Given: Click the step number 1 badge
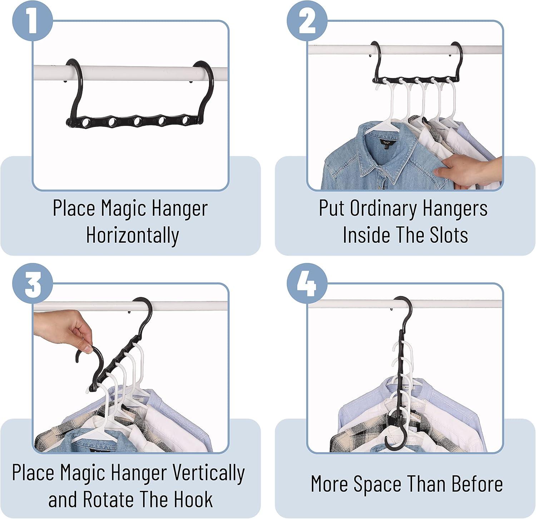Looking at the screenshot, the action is (x=33, y=21).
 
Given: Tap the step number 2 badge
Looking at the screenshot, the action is (x=307, y=21).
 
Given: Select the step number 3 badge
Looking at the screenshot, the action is (x=33, y=284).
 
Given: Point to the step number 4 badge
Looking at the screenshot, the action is (x=307, y=284).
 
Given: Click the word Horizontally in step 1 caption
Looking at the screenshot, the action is (x=133, y=236).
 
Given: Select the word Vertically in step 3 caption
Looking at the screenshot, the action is (x=208, y=473).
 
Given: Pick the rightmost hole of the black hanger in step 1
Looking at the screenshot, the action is (x=186, y=120).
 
